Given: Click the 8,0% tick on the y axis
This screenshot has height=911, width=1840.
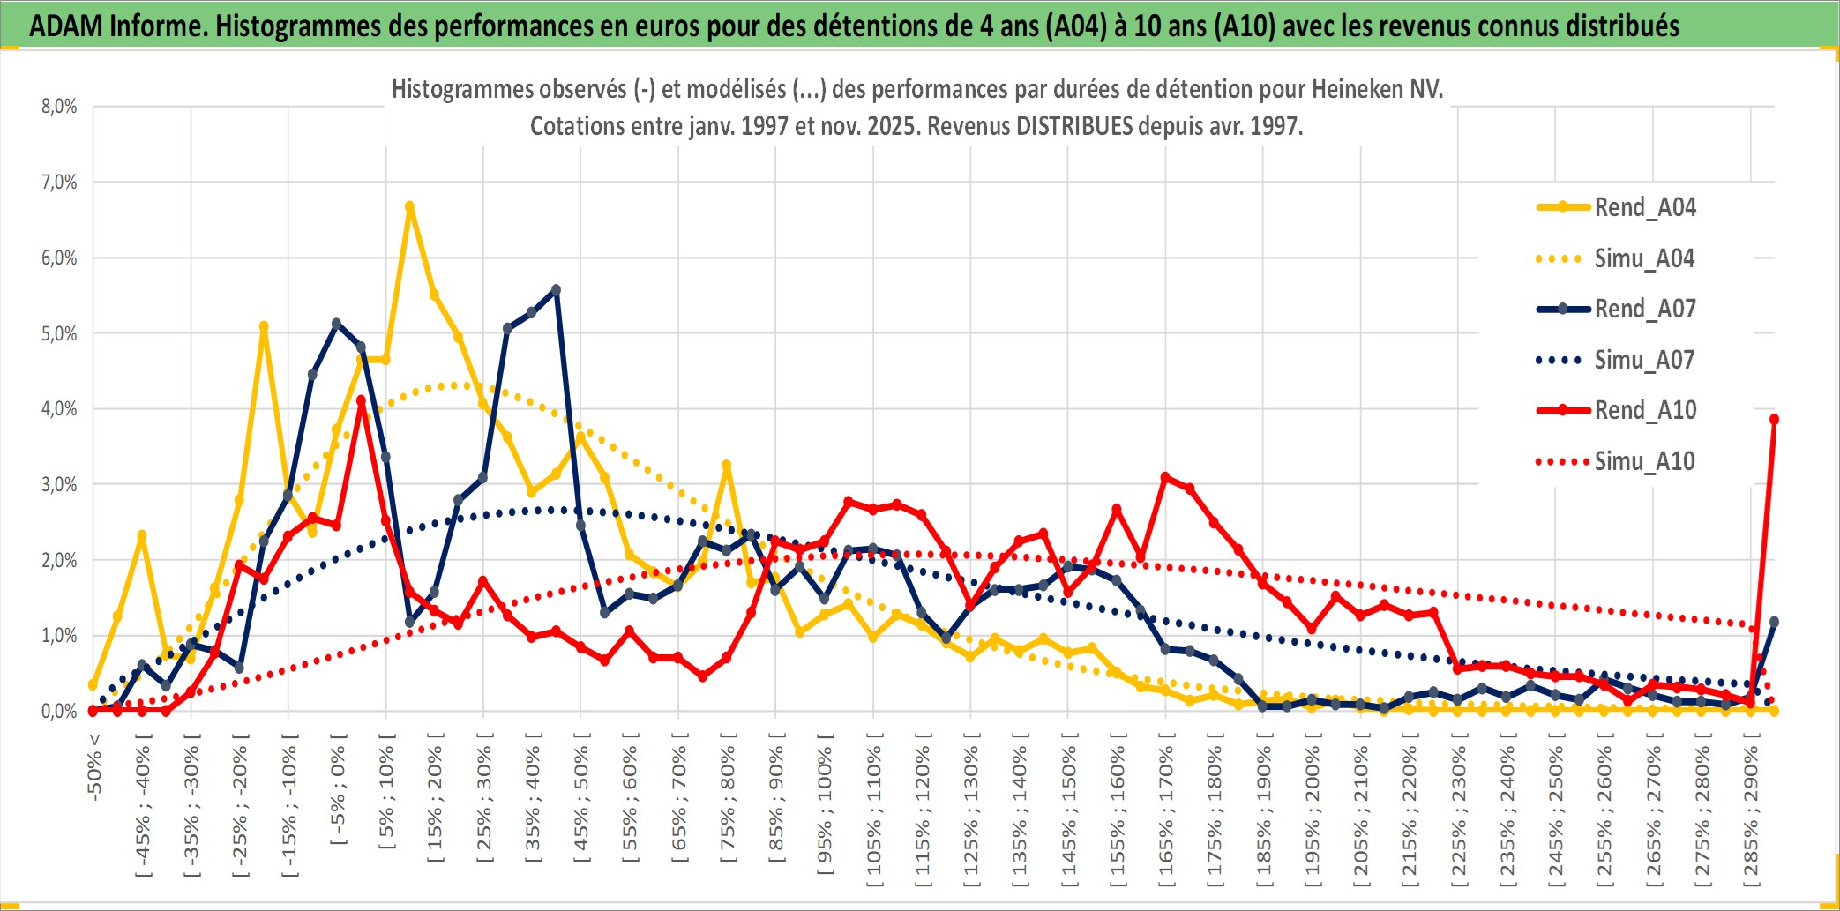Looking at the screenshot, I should pos(59,107).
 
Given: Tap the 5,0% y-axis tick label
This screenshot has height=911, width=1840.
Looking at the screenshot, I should pos(59,333).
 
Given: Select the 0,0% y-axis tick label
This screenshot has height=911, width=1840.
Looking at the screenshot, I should pos(59,711).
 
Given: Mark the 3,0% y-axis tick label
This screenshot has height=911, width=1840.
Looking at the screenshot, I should pos(59,484).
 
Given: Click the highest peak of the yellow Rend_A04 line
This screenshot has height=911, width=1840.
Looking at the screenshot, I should pos(409,206).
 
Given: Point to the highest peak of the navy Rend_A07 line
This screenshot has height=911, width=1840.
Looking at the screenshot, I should pos(556,289).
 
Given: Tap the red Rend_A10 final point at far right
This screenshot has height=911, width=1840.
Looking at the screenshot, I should pos(1774,419).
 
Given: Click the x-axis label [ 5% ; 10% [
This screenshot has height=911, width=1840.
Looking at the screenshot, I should pos(386,798).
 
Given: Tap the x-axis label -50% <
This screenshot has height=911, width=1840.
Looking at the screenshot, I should pos(94,767).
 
